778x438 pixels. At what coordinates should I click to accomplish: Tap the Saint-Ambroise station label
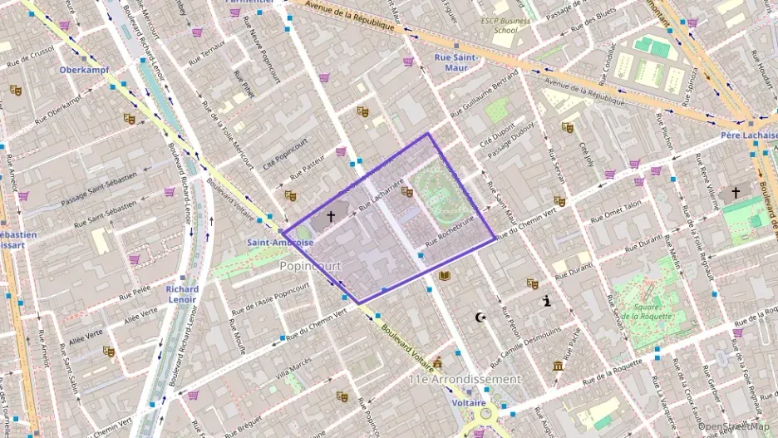(x=279, y=243)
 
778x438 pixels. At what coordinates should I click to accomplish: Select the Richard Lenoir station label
(x=182, y=295)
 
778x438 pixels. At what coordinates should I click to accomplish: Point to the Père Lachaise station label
(x=748, y=135)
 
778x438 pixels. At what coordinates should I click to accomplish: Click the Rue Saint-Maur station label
(x=455, y=62)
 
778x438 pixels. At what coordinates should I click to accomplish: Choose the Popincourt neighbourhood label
(x=310, y=266)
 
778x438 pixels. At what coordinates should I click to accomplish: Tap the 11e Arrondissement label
(x=464, y=379)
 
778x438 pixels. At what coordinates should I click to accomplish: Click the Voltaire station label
(x=469, y=402)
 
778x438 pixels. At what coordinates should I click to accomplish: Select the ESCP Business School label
(x=505, y=25)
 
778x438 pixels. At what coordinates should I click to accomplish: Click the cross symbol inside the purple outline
(x=331, y=216)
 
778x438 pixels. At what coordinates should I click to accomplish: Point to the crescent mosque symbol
(x=479, y=317)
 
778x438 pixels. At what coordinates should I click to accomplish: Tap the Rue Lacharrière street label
(x=381, y=195)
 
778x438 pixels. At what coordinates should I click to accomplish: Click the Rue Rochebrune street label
(x=449, y=236)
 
